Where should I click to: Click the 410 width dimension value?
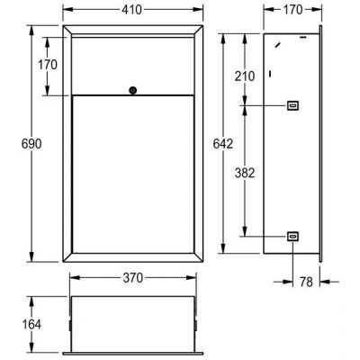pyautogui.click(x=132, y=13)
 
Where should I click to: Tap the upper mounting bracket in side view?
pyautogui.click(x=292, y=106)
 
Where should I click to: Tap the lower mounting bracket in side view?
pyautogui.click(x=292, y=236)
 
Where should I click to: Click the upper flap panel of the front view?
pyautogui.click(x=132, y=65)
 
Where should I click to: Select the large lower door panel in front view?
pyautogui.click(x=132, y=171)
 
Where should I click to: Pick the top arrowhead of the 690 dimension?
pyautogui.click(x=34, y=31)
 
